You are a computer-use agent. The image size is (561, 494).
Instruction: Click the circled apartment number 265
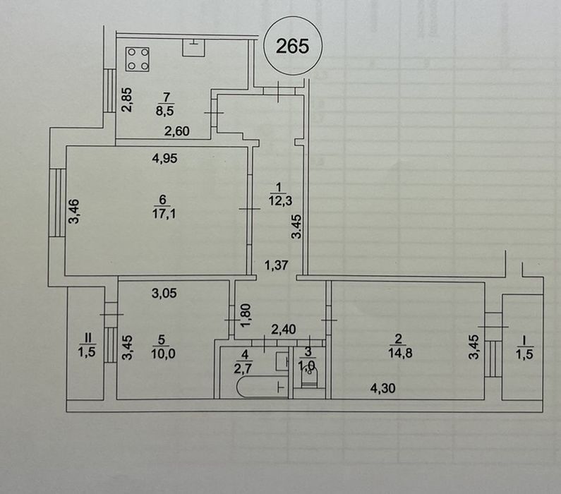tap(292, 46)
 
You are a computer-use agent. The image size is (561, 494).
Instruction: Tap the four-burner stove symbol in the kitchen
tap(138, 59)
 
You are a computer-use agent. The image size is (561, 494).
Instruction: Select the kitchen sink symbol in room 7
tap(192, 47)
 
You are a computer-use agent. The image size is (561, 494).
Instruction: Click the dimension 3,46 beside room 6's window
tap(73, 212)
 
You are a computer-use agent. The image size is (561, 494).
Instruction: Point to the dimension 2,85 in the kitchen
tap(126, 100)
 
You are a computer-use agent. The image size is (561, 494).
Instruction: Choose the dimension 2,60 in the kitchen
tap(176, 130)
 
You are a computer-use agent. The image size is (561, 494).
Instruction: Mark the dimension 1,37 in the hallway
tap(276, 265)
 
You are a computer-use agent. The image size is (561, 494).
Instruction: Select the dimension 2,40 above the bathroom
tap(284, 327)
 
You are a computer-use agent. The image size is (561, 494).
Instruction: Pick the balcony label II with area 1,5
tap(85, 345)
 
